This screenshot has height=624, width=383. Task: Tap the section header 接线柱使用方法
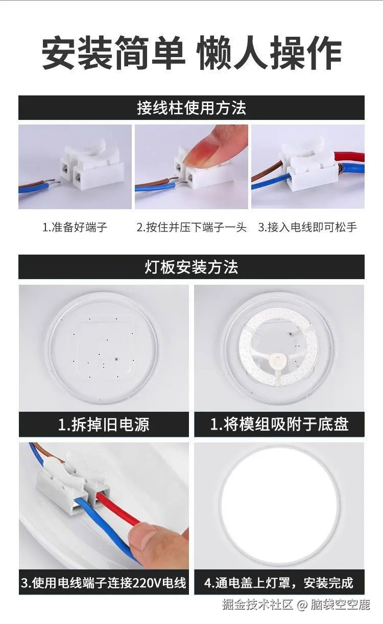(x=192, y=108)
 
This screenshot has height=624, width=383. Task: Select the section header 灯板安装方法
(x=192, y=267)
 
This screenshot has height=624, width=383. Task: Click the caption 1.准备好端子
(x=75, y=228)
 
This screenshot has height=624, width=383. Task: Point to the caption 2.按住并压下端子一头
(x=192, y=228)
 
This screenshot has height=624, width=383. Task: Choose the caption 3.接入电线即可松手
(x=307, y=228)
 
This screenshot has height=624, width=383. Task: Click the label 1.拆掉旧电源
(x=104, y=425)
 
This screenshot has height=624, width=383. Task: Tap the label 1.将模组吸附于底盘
(x=279, y=425)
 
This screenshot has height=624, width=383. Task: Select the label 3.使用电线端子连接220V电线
(x=104, y=583)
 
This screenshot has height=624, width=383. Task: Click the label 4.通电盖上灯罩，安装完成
(x=279, y=583)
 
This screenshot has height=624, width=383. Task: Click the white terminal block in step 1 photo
(x=90, y=166)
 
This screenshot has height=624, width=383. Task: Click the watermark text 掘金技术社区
(x=258, y=605)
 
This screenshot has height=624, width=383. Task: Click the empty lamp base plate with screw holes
(x=104, y=350)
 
